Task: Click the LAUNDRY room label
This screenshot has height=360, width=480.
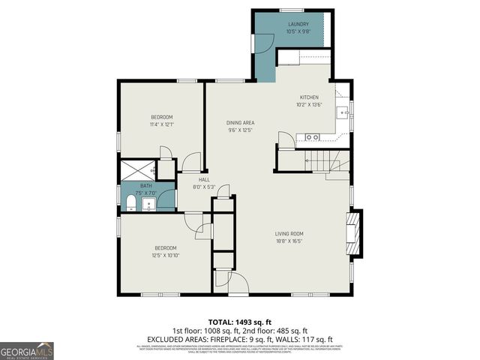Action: point(298,24)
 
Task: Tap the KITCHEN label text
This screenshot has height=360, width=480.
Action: point(310,97)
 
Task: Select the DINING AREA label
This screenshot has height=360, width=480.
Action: point(241,122)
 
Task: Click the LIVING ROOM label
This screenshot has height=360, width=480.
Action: point(289,233)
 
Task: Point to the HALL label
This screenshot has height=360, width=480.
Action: point(204,179)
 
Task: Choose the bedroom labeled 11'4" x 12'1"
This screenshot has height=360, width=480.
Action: point(162,117)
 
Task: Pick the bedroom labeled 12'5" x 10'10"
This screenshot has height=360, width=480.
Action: point(166,247)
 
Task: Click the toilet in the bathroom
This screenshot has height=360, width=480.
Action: point(129,202)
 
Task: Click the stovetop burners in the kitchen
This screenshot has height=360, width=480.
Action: point(311,137)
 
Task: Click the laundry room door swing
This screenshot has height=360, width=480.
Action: point(264,43)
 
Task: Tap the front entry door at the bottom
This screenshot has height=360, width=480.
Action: point(238,283)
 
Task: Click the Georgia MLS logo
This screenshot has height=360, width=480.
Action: point(27,351)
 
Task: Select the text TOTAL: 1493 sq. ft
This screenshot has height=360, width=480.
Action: point(240,322)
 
